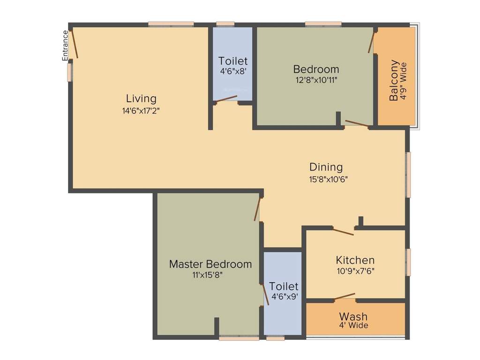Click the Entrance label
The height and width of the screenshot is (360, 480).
66,45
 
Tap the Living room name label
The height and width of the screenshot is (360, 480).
141,99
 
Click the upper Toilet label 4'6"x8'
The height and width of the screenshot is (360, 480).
233,71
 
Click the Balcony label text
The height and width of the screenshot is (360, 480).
394,80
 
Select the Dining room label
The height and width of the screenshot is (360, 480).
326,167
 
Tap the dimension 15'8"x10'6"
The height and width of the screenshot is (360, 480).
328,179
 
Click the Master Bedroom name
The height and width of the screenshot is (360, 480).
210,264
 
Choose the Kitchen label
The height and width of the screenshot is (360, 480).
355,260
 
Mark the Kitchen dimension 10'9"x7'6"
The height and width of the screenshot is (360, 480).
355,270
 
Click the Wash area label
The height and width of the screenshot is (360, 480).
353,316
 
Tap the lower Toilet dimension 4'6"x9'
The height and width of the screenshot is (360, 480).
285,296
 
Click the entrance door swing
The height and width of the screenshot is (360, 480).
74,44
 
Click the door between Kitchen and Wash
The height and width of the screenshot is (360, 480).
345,296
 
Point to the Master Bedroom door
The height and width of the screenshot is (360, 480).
257,209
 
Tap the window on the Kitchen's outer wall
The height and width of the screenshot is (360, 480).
408,262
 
